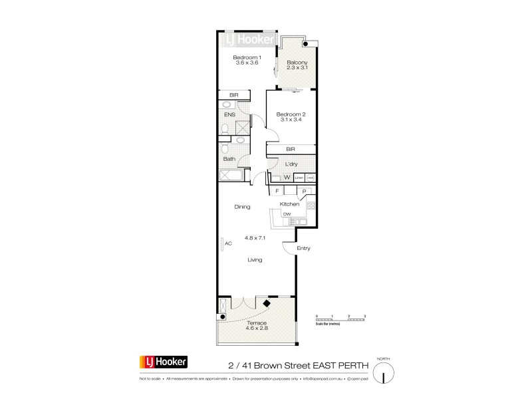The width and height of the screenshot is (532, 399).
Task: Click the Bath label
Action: [229, 159]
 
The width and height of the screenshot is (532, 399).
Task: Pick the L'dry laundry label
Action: [291, 164]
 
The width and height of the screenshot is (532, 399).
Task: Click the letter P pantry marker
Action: [303, 192]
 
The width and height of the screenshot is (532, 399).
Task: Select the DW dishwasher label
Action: [287, 214]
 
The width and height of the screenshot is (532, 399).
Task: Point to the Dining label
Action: [242, 207]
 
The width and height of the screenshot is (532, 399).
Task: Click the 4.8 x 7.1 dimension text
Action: [255, 237]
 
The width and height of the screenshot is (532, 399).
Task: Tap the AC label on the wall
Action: [228, 243]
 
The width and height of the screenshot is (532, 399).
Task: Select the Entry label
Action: [304, 249]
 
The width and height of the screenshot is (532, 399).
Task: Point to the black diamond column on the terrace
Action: [267, 304]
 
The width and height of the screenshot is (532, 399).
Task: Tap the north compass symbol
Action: [384, 372]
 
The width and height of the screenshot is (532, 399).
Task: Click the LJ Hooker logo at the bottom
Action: [163, 362]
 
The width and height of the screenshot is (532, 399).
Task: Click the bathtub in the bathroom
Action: [232, 176]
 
